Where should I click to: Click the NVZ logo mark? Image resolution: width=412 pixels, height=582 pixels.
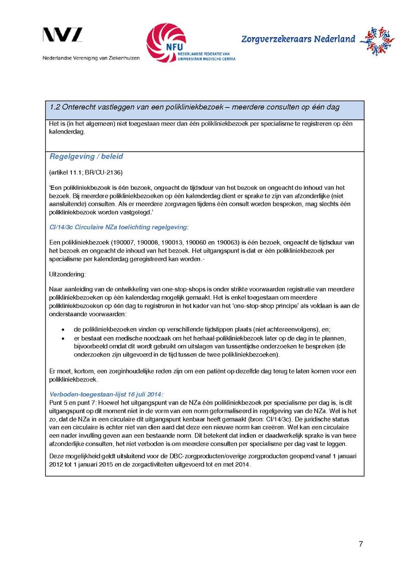click(x=63, y=36)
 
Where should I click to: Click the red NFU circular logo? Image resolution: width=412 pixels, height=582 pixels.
click(x=166, y=43)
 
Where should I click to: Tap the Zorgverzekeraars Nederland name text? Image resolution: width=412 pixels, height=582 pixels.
click(x=298, y=39)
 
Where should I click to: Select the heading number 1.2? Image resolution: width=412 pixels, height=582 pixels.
click(x=55, y=107)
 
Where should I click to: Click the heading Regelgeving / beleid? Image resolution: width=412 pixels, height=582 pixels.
click(x=86, y=156)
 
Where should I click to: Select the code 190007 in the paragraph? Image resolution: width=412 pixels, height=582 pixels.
click(x=121, y=242)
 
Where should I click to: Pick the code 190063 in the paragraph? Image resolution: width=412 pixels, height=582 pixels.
click(x=224, y=242)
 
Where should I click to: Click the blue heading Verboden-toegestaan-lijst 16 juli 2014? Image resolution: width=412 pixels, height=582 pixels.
click(x=106, y=394)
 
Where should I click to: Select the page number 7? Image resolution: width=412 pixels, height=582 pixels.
click(x=361, y=544)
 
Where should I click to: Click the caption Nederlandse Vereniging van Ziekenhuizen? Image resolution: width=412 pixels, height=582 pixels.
click(x=91, y=59)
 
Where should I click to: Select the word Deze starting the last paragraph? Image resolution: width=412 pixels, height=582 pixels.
click(x=57, y=456)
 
